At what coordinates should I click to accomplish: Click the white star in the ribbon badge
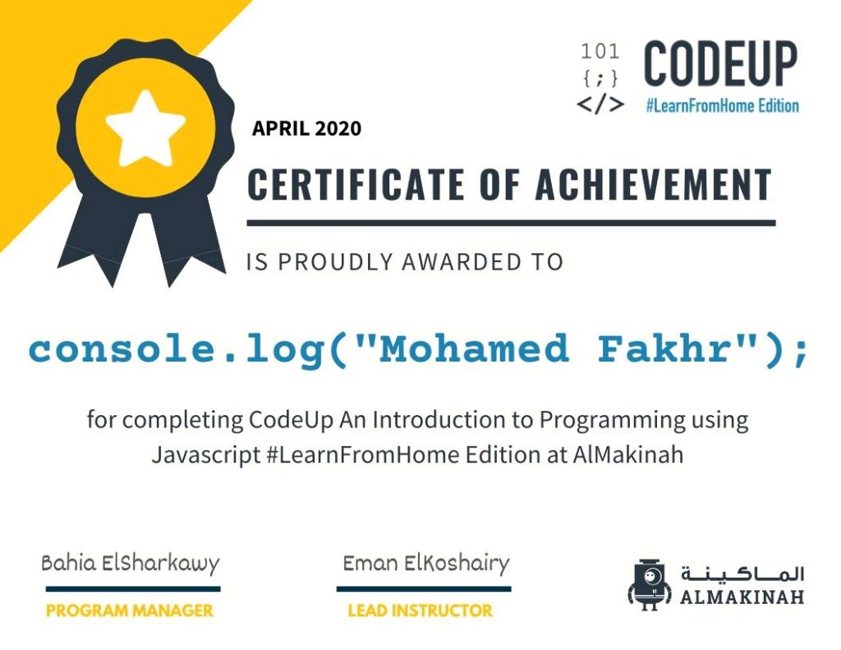tap(146, 128)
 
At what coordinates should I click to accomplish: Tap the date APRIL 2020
tap(307, 129)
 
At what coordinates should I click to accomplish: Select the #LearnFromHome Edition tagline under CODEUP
tap(723, 106)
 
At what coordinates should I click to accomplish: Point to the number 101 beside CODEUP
tap(600, 52)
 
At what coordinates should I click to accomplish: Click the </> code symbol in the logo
tap(600, 104)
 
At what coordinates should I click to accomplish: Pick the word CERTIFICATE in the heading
tap(356, 184)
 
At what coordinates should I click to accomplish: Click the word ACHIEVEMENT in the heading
tap(653, 184)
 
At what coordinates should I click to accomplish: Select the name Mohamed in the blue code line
tap(474, 348)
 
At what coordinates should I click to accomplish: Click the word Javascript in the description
tap(206, 454)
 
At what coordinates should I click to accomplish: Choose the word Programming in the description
tap(612, 420)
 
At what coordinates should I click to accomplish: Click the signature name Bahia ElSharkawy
tap(131, 564)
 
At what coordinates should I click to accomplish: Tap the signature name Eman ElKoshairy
tap(426, 564)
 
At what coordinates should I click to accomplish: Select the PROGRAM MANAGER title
tap(130, 611)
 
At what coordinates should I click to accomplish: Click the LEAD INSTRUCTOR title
tap(420, 611)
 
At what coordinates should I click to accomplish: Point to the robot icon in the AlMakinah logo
tap(650, 584)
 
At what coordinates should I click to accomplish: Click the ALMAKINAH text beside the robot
tap(742, 597)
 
